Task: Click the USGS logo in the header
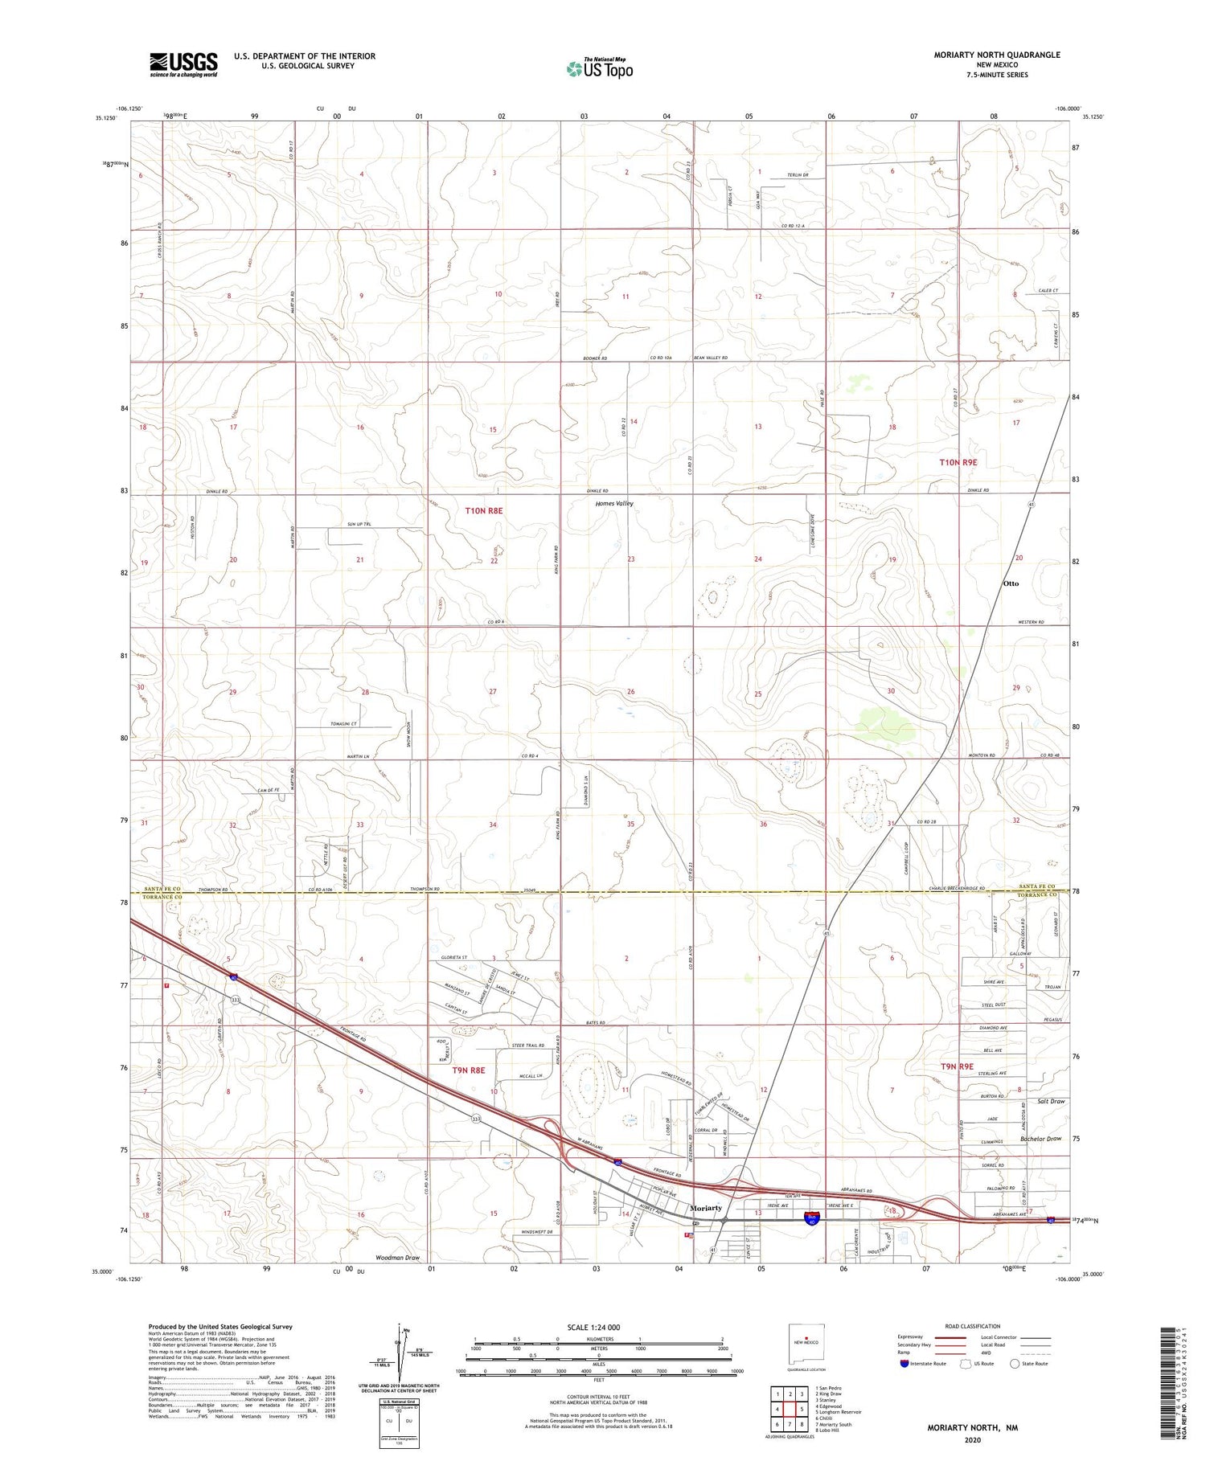(x=183, y=64)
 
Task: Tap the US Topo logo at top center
(x=600, y=69)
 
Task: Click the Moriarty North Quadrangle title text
(x=996, y=55)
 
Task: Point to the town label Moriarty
(x=706, y=1208)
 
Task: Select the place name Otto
(x=1011, y=583)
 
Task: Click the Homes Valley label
(x=613, y=504)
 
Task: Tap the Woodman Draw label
(x=397, y=1257)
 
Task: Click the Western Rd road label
(x=1029, y=622)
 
